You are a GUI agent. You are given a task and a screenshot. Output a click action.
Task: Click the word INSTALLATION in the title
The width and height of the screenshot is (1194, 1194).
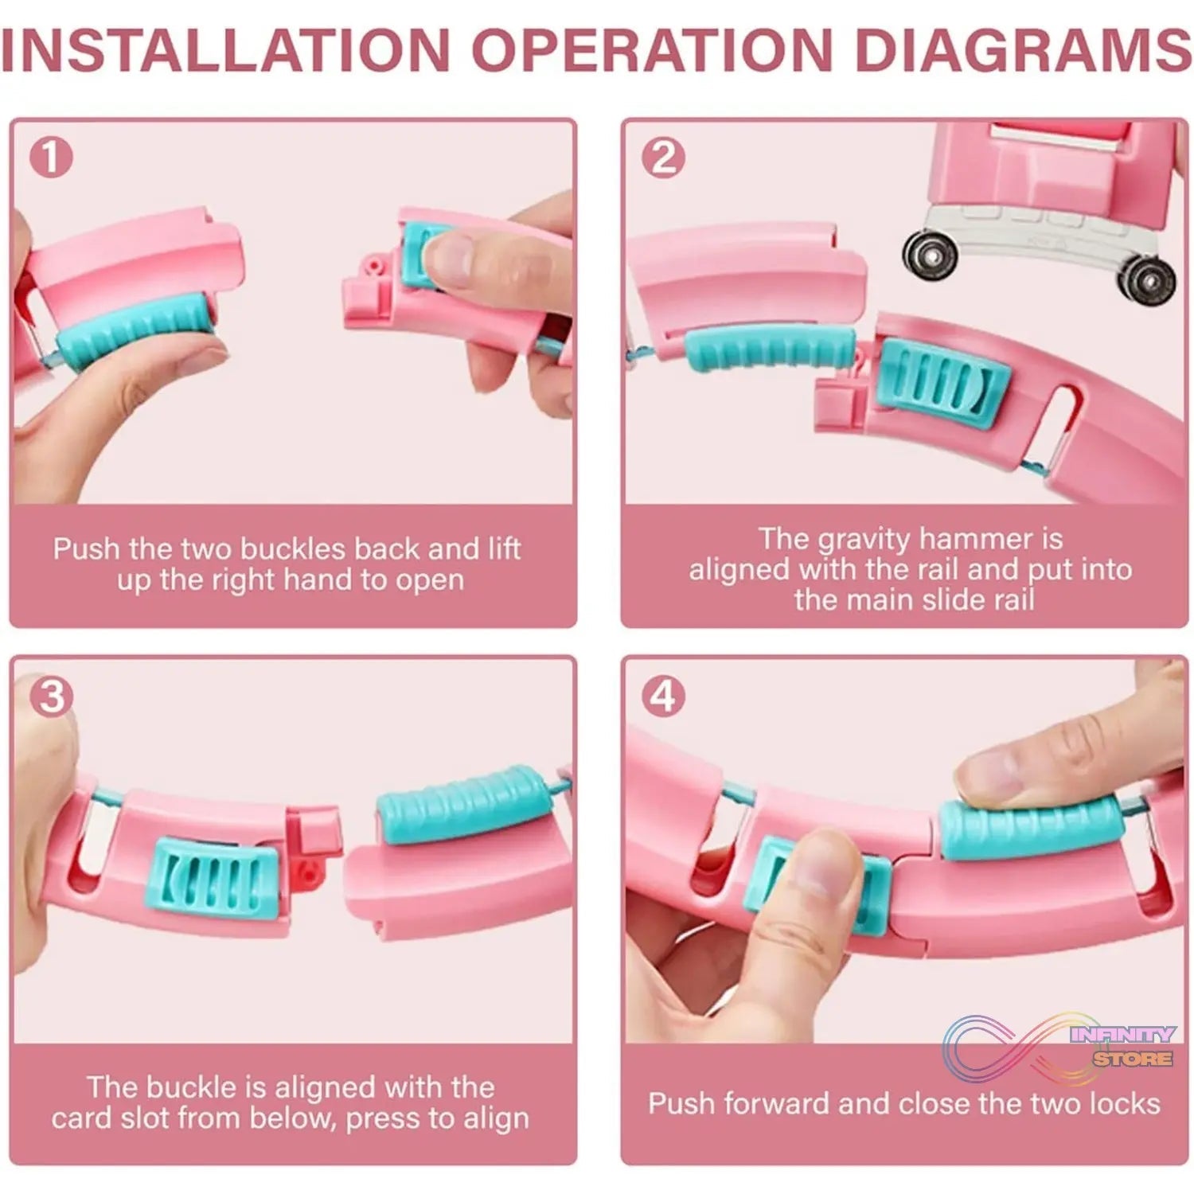coord(225,49)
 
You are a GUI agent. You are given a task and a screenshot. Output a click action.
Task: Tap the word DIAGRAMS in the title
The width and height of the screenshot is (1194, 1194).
coord(1022,49)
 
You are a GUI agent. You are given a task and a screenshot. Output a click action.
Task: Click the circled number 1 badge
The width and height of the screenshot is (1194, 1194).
coord(51,157)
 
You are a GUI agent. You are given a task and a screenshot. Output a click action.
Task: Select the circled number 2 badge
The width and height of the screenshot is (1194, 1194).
coord(663,157)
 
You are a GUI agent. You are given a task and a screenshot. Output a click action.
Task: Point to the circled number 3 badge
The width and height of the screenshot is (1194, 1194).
coord(51,696)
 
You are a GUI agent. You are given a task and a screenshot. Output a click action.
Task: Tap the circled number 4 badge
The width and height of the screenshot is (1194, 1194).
coord(663,696)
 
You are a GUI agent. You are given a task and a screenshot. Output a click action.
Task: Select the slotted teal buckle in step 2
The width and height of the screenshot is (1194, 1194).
coord(942,380)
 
